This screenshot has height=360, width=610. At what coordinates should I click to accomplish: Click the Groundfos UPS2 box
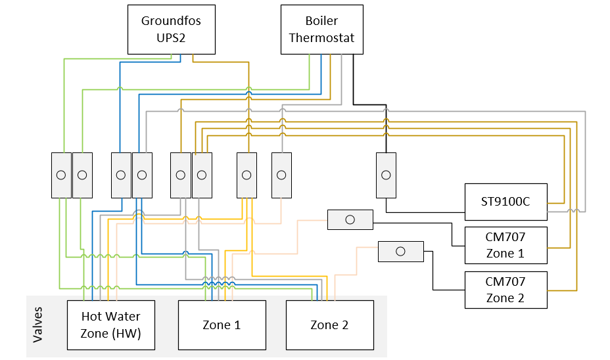171,30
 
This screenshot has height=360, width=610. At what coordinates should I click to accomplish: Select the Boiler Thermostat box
321,30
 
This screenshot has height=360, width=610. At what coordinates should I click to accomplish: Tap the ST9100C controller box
505,202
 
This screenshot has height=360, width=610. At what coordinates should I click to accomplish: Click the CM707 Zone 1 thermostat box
505,244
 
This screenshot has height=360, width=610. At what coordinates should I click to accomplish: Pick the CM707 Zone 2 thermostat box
505,290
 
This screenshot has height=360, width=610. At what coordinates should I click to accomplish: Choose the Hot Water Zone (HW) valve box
111,325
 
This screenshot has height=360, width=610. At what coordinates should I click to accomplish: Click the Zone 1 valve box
222,325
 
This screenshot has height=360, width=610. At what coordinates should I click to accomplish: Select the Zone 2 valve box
329,325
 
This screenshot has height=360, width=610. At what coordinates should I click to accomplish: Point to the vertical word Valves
37,325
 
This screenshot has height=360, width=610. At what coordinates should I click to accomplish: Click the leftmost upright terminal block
61,175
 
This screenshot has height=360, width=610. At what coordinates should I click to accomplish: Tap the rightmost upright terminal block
386,175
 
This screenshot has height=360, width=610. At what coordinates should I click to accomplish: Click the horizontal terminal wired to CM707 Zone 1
350,219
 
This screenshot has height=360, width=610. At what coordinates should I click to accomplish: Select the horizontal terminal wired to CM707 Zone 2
401,252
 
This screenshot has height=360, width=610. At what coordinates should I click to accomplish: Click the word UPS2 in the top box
171,38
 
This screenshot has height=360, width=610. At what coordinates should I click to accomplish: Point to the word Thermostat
321,38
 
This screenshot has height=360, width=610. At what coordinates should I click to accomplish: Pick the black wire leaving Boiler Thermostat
353,79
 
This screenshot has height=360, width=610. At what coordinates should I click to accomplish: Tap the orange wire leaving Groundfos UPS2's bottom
193,58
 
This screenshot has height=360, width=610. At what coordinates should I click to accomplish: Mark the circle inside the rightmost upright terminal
386,175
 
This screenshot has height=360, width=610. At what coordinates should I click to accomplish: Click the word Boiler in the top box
321,21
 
